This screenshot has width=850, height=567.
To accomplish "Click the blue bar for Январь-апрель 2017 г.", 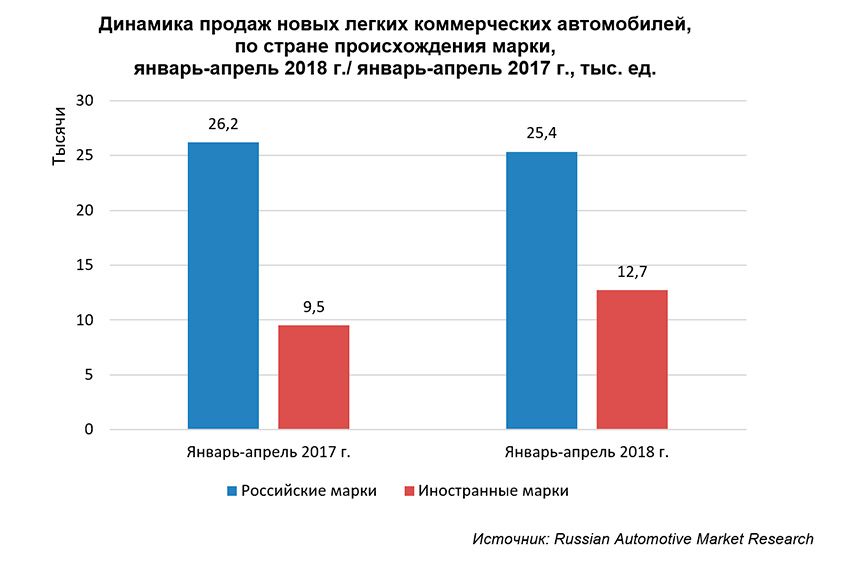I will (x=223, y=286).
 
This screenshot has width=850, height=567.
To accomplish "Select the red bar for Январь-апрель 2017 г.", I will (x=313, y=377).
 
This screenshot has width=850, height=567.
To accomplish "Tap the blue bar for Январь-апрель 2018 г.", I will (x=542, y=291).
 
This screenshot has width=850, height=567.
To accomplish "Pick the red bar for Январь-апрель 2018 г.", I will (x=632, y=360).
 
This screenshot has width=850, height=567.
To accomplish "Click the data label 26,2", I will (x=223, y=127).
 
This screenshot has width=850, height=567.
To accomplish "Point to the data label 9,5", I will (x=313, y=309).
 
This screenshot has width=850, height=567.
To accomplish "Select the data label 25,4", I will (x=542, y=135).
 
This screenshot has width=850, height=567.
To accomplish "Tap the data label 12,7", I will (x=632, y=273).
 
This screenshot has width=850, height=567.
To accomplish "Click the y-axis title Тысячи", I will (x=59, y=140).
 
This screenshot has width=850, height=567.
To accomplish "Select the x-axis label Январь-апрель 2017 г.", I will (x=268, y=452).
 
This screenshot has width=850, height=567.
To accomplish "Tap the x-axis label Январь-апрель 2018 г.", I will (x=587, y=452).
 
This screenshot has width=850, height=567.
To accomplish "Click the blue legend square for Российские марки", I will (x=232, y=491).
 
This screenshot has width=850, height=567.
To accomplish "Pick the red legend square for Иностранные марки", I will (x=409, y=491).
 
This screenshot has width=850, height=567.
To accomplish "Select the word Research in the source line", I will (x=780, y=539).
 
